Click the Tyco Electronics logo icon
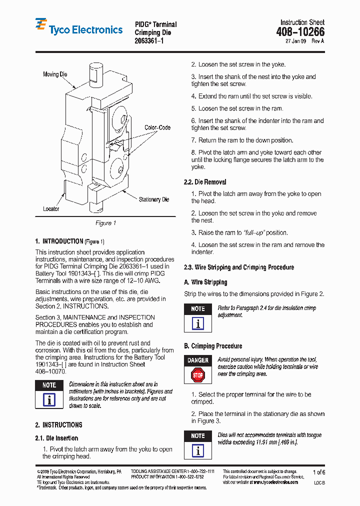click(x=41, y=26)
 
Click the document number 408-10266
click(x=300, y=32)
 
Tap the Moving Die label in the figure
click(x=55, y=74)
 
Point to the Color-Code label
click(x=157, y=127)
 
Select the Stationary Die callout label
click(x=154, y=199)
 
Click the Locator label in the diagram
click(x=51, y=209)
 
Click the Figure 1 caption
click(x=105, y=223)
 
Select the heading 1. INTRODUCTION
click(x=58, y=241)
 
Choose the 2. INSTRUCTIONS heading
click(x=58, y=425)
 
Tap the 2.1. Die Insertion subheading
click(x=56, y=438)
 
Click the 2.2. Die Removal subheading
click(x=205, y=182)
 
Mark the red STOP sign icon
click(x=198, y=374)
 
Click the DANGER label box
click(x=198, y=360)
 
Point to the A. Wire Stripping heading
click(x=205, y=282)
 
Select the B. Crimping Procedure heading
click(x=213, y=346)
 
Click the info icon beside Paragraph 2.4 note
click(x=198, y=323)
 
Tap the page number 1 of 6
click(x=318, y=472)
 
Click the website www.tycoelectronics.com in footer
click(x=276, y=482)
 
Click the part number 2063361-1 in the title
click(x=149, y=40)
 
